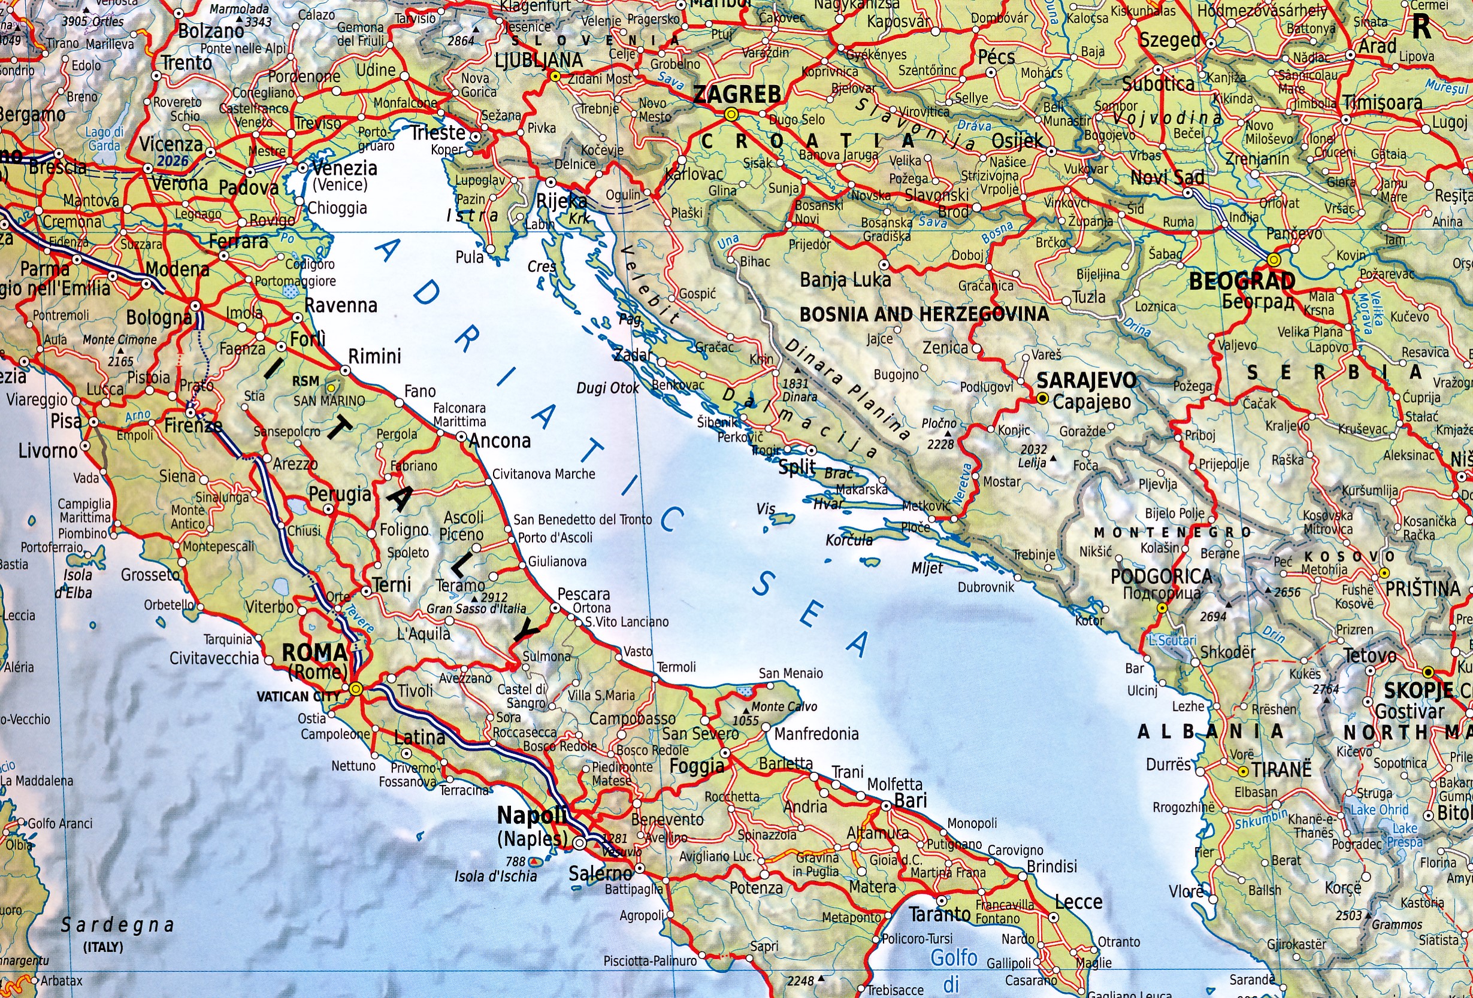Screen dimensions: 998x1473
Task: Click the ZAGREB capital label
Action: [x=737, y=95]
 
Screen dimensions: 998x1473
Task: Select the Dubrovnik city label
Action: [x=985, y=587]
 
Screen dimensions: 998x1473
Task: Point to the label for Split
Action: [x=797, y=468]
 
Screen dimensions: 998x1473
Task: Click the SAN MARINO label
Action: [x=329, y=401]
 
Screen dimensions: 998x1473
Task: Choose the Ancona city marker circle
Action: [x=461, y=437]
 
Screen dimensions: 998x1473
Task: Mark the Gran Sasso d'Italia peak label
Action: [x=476, y=608]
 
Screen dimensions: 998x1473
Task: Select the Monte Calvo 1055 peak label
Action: [x=784, y=706]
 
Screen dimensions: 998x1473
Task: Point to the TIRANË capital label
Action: [x=1281, y=770]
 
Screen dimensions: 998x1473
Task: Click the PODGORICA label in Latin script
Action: [x=1161, y=576]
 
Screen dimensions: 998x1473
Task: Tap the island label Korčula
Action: [x=849, y=540]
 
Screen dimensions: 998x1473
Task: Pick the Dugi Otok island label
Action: [x=607, y=388]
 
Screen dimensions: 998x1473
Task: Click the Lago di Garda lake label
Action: [x=105, y=139]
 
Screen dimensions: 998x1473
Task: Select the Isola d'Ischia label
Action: [x=495, y=876]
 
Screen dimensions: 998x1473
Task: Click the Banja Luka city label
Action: [x=845, y=280]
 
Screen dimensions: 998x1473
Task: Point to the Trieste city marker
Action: [x=476, y=136]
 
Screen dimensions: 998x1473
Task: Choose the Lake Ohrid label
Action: [x=1378, y=810]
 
